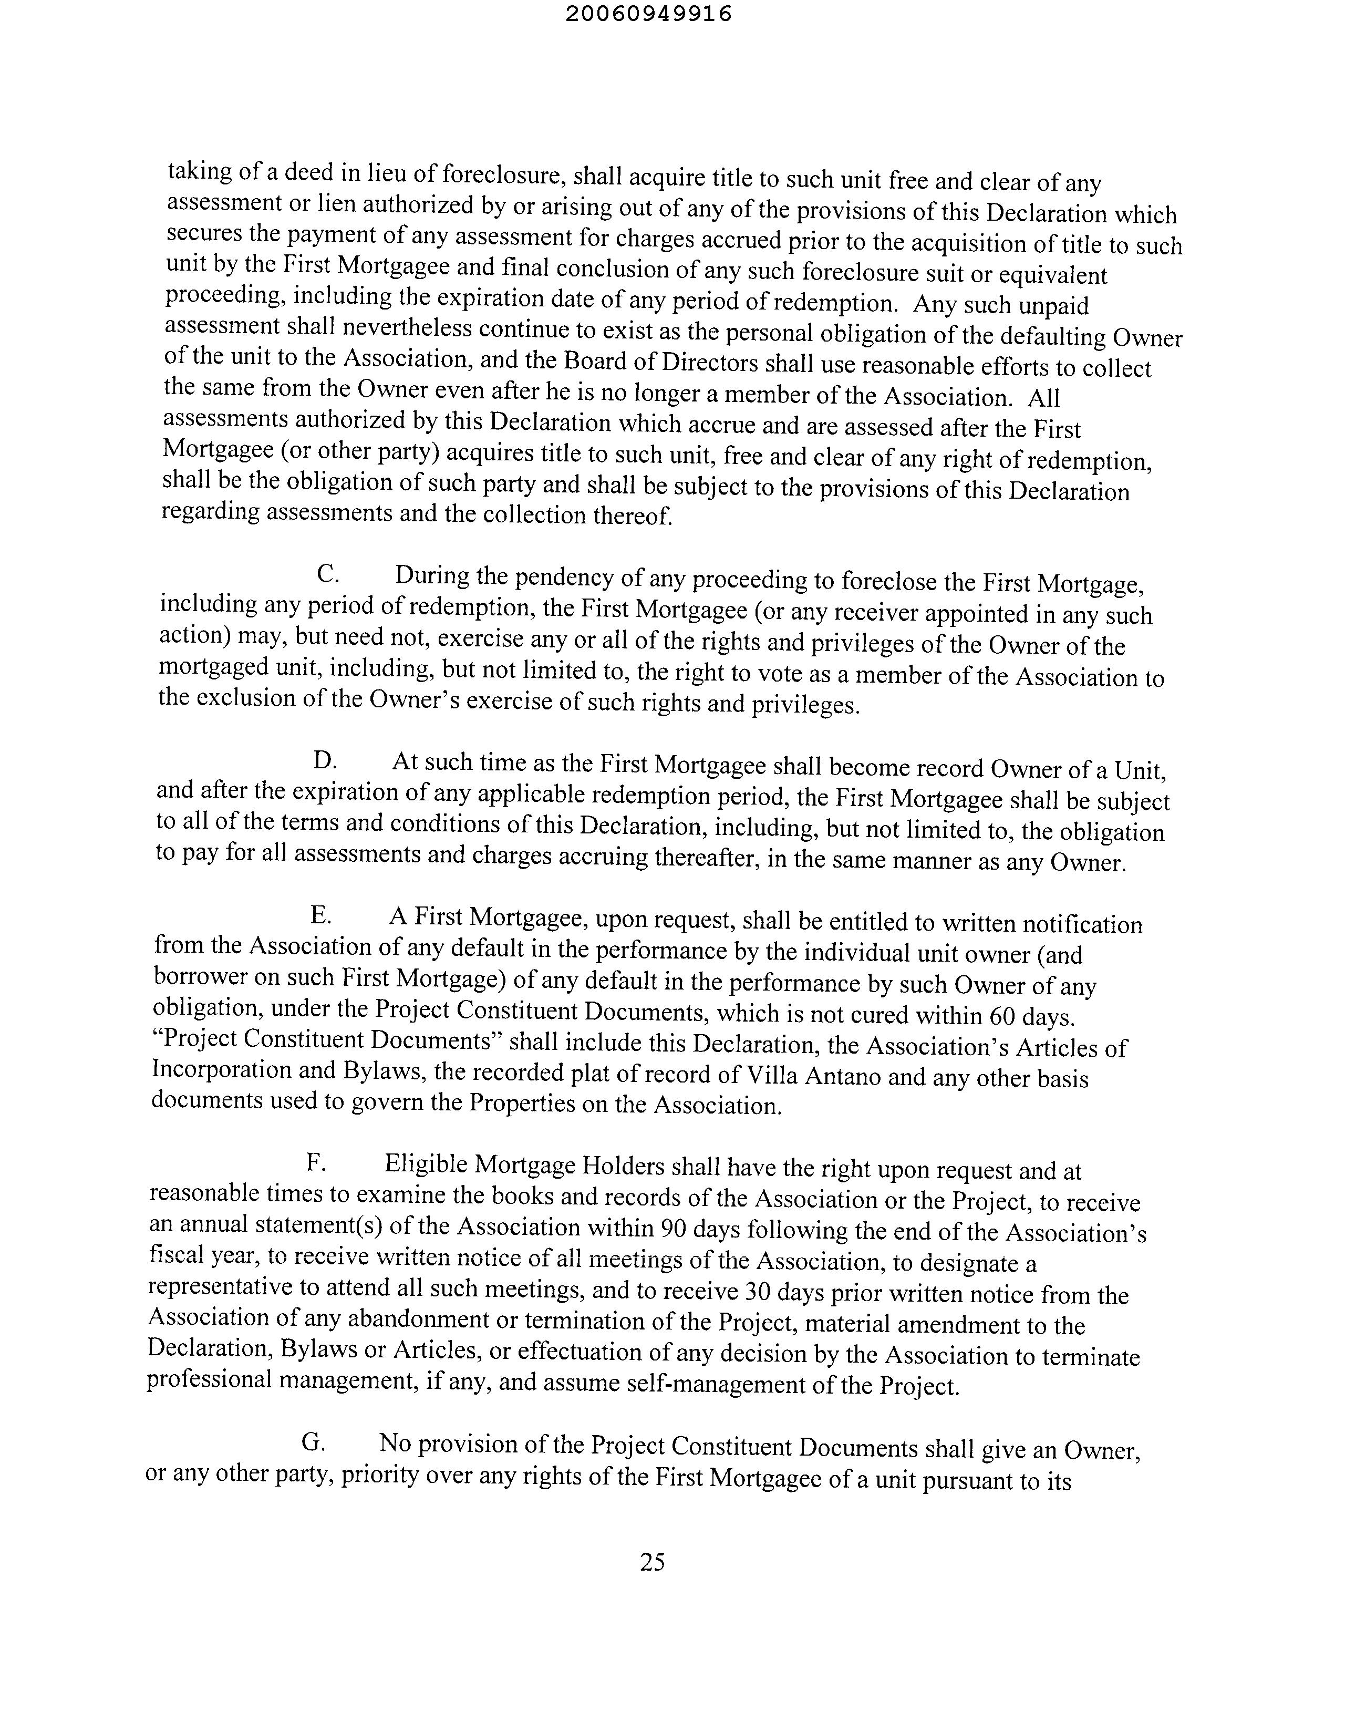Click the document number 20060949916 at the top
pos(649,14)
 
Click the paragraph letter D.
pos(324,760)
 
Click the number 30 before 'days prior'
pos(753,1292)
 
